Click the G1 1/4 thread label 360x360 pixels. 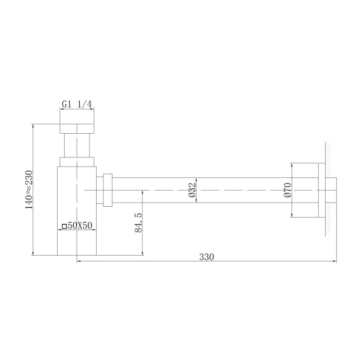[77, 104]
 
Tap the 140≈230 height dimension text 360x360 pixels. [29, 189]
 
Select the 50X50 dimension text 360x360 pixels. [80, 225]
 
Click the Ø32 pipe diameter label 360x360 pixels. [191, 190]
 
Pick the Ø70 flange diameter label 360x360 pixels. [287, 190]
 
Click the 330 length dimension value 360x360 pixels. [207, 256]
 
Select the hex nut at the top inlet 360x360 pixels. [77, 129]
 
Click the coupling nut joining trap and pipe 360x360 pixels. [107, 190]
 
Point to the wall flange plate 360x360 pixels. [321, 190]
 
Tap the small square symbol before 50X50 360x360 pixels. [64, 225]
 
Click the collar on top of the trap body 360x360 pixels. [77, 161]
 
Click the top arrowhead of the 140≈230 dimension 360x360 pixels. [33, 127]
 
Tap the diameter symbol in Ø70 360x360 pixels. [287, 196]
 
